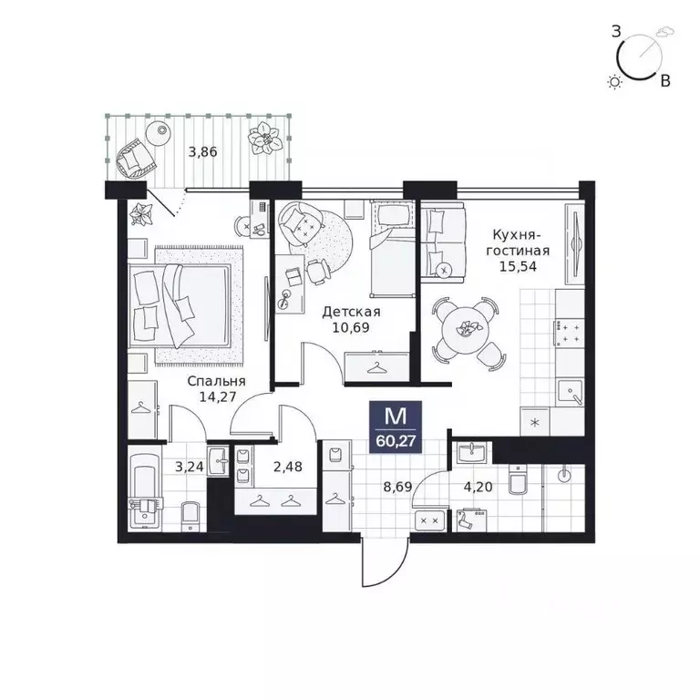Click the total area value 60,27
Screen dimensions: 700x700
[396, 441]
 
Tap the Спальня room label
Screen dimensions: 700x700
[217, 381]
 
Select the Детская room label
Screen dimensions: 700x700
[351, 311]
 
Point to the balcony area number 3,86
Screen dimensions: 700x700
[202, 152]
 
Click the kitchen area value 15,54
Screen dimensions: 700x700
[518, 266]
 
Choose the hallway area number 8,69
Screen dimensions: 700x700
[397, 486]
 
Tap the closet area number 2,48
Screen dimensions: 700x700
[288, 467]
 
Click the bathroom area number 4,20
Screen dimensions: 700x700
[479, 486]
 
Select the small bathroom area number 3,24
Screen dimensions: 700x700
[190, 467]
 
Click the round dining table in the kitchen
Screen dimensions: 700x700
[464, 330]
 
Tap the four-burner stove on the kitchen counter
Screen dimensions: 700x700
[570, 333]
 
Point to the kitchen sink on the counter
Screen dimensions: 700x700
[571, 392]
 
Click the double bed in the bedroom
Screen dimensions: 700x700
[180, 306]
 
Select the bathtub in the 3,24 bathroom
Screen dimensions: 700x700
[144, 492]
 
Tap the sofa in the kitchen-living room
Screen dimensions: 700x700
[442, 242]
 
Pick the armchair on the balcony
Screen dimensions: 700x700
[136, 159]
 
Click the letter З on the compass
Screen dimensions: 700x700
[616, 32]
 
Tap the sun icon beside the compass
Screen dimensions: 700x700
[615, 82]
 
